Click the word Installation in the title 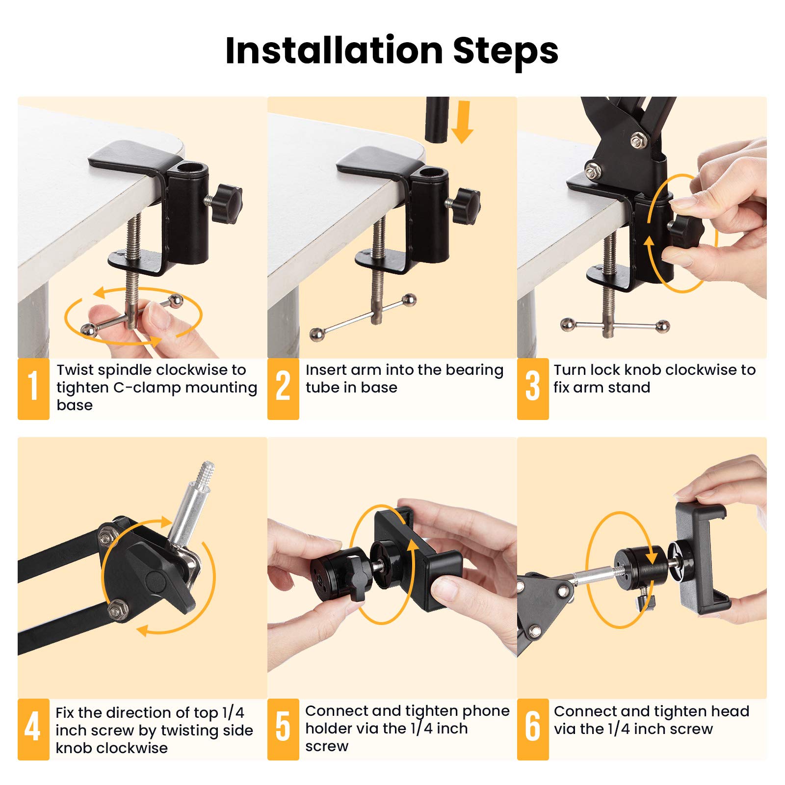334,51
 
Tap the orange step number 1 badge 33,389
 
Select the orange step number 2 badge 283,389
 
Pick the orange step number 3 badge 533,389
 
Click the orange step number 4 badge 33,729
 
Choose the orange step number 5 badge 283,729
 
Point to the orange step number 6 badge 533,729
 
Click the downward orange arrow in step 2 462,122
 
